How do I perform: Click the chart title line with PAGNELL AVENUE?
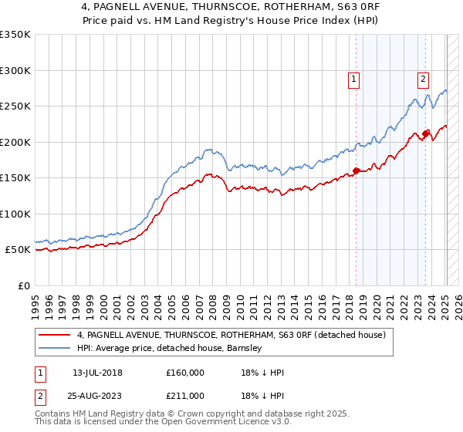point(231,8)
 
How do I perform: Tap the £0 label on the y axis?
point(23,286)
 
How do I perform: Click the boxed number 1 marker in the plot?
point(353,78)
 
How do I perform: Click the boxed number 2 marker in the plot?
point(424,78)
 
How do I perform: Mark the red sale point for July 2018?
point(356,171)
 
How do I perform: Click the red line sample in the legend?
point(55,335)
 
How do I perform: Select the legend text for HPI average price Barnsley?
point(170,348)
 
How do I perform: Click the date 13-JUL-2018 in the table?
point(97,373)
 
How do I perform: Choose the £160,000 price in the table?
point(185,373)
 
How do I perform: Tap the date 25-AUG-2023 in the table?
point(97,396)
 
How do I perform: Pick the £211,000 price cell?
point(185,396)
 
